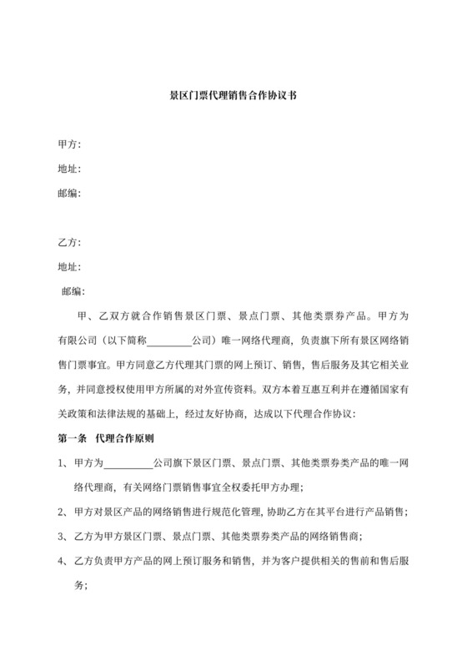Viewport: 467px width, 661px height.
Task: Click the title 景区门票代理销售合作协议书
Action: (x=233, y=97)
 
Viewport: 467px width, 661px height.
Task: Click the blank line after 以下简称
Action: (x=169, y=341)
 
